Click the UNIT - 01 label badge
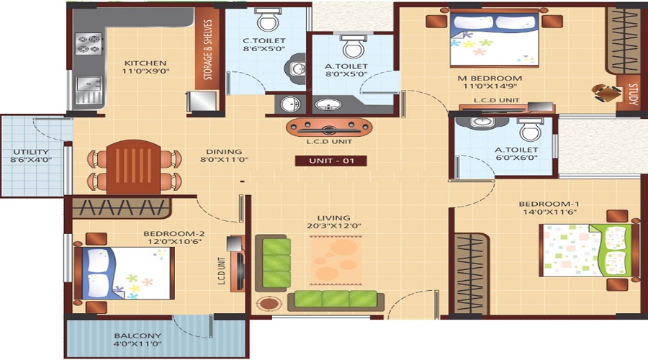coord(330,161)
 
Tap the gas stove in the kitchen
coord(89,44)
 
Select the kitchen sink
coord(89,90)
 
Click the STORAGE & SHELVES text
coord(208,50)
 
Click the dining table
coord(133,167)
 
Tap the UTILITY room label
coord(30,152)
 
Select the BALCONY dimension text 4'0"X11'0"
coord(138,344)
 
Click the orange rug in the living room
coord(336,260)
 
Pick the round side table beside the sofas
coord(269,304)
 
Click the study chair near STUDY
coord(606,93)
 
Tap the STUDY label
coord(632,94)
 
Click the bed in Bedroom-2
coord(124,273)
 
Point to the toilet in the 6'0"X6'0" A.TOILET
coord(530,129)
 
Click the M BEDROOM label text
coord(490,78)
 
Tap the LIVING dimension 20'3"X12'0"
coord(334,225)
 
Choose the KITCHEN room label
coord(145,63)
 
